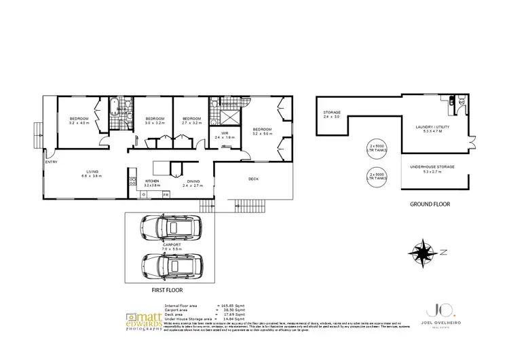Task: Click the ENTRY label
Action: (x=52, y=162)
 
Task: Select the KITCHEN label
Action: (x=151, y=181)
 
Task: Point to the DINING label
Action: (x=193, y=181)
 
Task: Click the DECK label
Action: (x=254, y=179)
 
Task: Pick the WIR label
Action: (x=225, y=133)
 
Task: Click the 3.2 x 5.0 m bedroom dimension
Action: (x=263, y=133)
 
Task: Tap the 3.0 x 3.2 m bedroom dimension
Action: (x=155, y=124)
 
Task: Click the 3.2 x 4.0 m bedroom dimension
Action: (x=79, y=124)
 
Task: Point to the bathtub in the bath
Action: (x=111, y=116)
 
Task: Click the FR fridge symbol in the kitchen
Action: (x=166, y=195)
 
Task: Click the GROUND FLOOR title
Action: (x=430, y=204)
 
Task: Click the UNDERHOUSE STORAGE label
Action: (x=432, y=166)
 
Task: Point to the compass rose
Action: (x=426, y=253)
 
